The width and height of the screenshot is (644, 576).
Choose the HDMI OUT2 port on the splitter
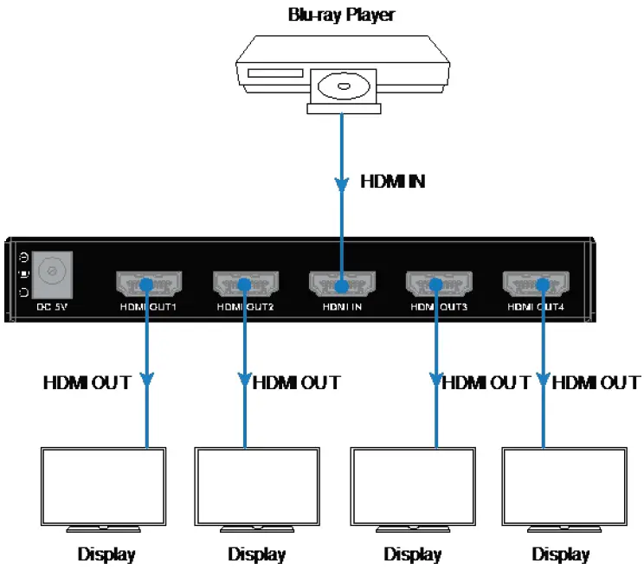pos(244,285)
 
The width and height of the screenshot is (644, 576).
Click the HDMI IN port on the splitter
pos(341,285)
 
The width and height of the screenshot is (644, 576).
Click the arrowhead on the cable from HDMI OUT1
pos(146,381)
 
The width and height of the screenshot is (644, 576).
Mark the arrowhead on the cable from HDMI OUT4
pos(543,381)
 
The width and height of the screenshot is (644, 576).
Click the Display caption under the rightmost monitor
pos(561,554)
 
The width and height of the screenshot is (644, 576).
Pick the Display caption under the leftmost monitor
pos(106,554)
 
